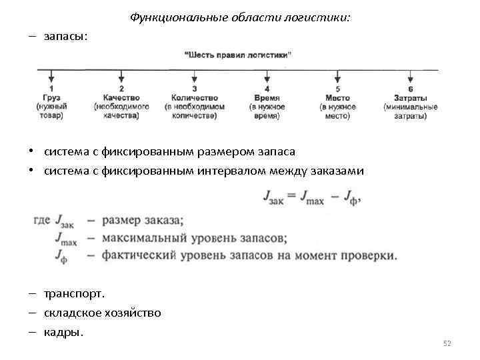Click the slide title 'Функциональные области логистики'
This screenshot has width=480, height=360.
pos(239,17)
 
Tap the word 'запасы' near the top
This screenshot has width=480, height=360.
pos(65,37)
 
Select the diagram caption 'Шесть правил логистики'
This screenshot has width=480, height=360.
pos(238,55)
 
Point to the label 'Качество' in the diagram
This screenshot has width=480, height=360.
pos(121,98)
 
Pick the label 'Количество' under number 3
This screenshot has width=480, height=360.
pos(194,98)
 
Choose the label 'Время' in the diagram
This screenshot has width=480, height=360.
pos(267,98)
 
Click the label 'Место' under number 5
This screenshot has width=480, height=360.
pos(338,98)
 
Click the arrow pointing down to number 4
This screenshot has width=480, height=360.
pos(267,76)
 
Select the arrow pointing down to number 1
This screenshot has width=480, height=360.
pos(51,76)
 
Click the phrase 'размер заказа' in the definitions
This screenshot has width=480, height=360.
pos(143,221)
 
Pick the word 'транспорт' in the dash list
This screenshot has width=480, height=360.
pos(74,293)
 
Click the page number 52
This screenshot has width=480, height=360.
pos(447,343)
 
